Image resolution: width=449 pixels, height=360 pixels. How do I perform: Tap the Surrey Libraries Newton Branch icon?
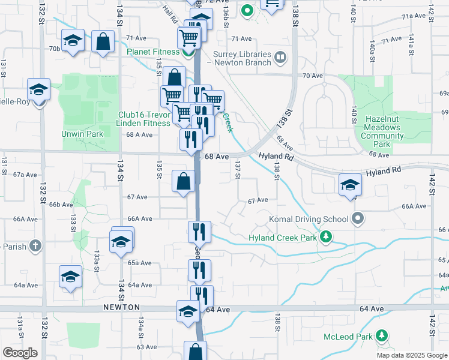280,58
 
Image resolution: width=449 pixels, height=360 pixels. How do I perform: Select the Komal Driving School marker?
358,218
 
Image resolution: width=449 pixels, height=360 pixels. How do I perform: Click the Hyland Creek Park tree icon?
326,238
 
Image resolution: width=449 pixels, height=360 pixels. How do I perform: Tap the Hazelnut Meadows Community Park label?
382,131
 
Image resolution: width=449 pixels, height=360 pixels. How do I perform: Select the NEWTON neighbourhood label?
122,307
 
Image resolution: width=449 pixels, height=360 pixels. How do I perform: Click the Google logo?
20,353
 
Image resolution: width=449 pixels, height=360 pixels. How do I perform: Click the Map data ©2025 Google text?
411,355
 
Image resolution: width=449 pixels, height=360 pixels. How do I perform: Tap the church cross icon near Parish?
36,245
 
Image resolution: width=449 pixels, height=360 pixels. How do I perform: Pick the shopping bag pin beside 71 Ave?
103,42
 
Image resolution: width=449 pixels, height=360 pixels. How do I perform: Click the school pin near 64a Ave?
70,275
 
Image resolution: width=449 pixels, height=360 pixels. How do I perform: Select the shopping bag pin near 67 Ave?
183,181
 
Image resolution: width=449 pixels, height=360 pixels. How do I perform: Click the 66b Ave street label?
61,205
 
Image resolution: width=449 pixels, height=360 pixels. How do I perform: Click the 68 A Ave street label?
138,135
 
